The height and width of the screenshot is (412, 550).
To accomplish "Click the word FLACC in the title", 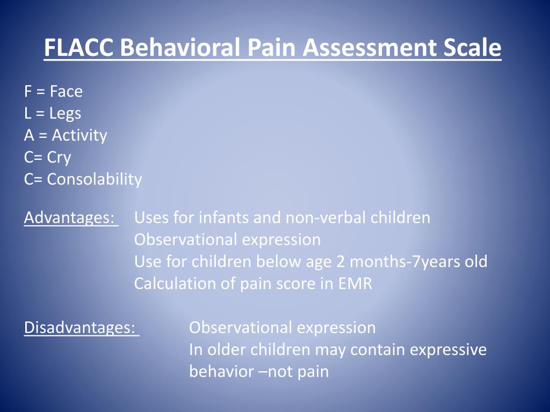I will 79,48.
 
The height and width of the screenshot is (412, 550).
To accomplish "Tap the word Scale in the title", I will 472,48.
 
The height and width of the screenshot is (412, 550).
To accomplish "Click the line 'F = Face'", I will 53,92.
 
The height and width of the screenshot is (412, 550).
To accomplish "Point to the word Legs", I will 65,114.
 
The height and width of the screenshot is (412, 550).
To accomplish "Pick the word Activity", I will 79,136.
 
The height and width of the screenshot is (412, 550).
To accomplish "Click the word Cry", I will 59,158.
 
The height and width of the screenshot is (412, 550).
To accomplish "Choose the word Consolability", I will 95,179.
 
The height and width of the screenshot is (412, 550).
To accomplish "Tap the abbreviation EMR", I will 354,284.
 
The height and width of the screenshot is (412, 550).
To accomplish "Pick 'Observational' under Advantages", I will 186,240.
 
